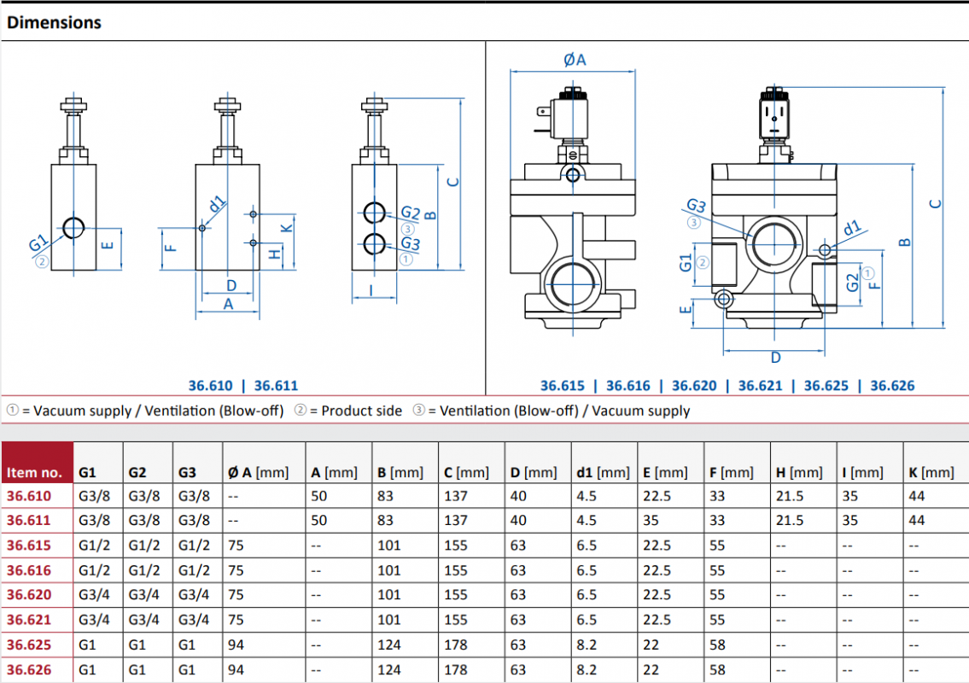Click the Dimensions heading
click(x=54, y=22)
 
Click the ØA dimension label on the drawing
click(x=575, y=60)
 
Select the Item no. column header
click(x=35, y=473)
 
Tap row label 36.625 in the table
click(x=29, y=645)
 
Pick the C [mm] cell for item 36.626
click(x=455, y=669)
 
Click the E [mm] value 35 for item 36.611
click(x=651, y=521)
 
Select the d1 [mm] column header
click(x=603, y=473)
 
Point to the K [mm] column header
click(x=931, y=473)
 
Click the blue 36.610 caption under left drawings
click(x=210, y=386)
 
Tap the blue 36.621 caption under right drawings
click(x=760, y=386)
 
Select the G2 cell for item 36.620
click(x=144, y=594)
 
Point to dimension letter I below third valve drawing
click(x=371, y=290)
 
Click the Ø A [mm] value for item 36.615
click(x=236, y=546)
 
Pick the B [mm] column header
click(x=400, y=473)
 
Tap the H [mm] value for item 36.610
click(x=790, y=496)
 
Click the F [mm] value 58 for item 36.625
click(x=717, y=645)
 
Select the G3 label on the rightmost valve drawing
click(x=696, y=205)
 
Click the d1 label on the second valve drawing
click(x=216, y=203)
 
